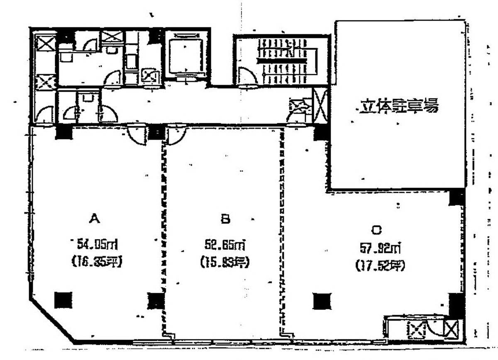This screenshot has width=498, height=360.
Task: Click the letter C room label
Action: [x=376, y=229]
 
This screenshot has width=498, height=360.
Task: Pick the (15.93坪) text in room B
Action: [x=225, y=263]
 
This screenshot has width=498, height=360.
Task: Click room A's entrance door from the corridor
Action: [x=137, y=134]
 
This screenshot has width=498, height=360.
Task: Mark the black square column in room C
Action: [x=322, y=301]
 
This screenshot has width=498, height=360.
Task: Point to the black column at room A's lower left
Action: [x=63, y=300]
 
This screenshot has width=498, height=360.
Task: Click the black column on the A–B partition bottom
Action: [x=156, y=300]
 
